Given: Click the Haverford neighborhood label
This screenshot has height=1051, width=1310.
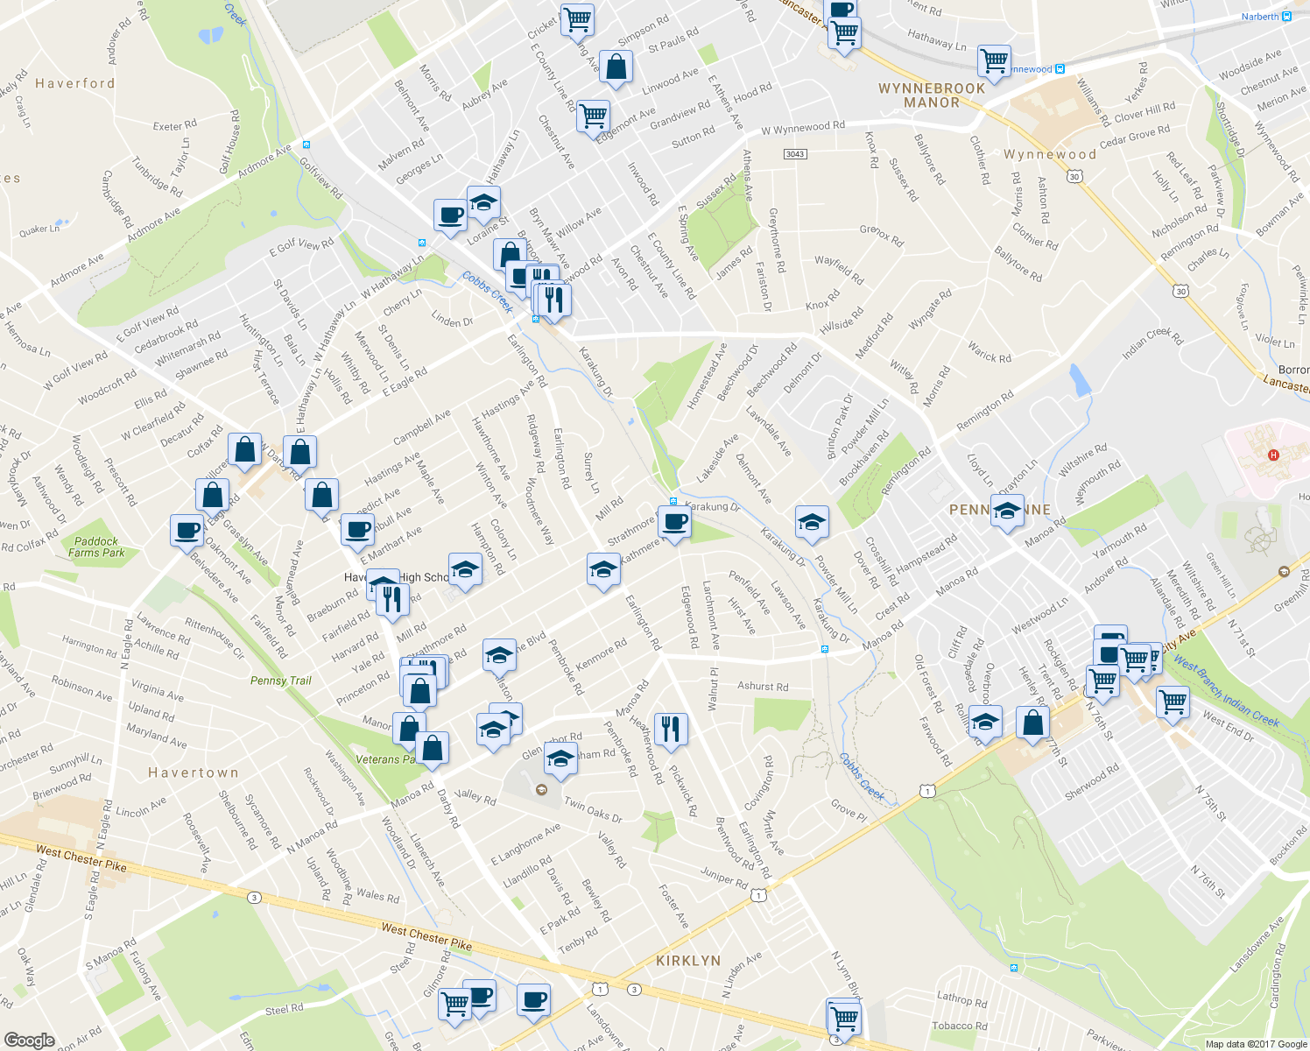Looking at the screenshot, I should coord(74,83).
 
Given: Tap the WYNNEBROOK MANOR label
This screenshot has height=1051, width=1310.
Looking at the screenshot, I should coord(932,95).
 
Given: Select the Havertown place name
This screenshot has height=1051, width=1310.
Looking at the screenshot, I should coord(193,772).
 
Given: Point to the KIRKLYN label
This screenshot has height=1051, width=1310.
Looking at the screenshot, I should coord(688,961).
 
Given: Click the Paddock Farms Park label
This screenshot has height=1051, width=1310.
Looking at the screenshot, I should coord(95,547).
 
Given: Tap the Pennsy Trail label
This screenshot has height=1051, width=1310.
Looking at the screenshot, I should coord(280,681).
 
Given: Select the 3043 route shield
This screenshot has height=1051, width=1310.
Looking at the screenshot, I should coord(794,154).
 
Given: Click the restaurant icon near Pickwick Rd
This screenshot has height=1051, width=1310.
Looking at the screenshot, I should coord(670,728).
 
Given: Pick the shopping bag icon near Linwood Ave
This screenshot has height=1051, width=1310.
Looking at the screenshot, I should coord(616,67).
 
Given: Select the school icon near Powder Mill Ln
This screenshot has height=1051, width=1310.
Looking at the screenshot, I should coord(812,523).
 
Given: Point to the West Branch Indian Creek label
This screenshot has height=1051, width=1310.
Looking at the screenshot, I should coord(1227,691).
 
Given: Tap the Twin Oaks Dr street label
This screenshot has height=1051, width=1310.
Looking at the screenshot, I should coord(593,810).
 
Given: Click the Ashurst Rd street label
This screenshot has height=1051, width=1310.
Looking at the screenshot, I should coord(762,687).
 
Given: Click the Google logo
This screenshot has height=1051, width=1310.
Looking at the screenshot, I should coord(30,1040).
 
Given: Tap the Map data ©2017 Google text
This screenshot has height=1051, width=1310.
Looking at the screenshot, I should coord(1256,1044).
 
